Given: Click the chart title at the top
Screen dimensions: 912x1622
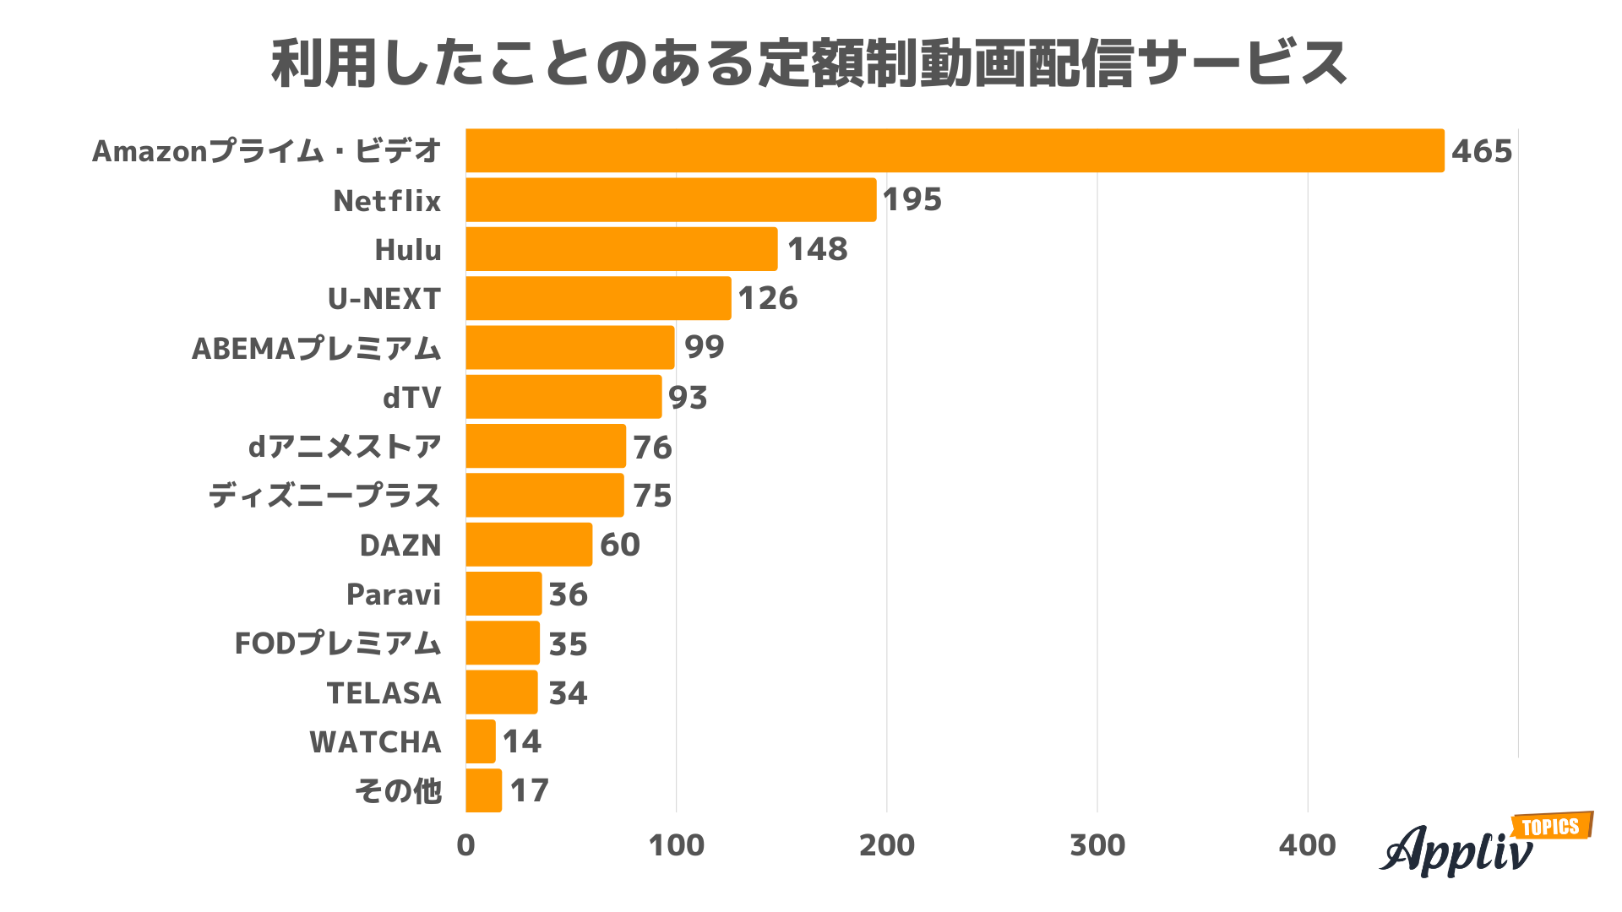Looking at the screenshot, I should tap(809, 64).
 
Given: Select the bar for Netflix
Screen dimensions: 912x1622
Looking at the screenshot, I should tap(671, 200).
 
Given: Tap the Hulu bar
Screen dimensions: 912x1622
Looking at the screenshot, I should tap(621, 249).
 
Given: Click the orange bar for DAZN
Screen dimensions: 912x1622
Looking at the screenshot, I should tap(529, 545).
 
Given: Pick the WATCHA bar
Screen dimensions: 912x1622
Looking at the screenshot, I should tap(481, 741).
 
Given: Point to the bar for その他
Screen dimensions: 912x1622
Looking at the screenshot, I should tap(483, 790).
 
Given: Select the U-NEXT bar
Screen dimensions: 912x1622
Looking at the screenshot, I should tap(598, 298).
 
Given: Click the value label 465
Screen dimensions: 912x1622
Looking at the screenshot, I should tap(1482, 151).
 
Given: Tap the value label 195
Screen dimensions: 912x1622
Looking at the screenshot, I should tap(912, 200).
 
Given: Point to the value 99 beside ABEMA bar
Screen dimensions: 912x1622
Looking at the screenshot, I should tap(704, 347).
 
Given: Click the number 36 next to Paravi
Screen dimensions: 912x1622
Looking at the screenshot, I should tap(568, 594).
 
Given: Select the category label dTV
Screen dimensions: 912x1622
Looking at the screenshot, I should tap(411, 397).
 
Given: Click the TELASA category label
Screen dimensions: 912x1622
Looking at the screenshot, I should tap(384, 693).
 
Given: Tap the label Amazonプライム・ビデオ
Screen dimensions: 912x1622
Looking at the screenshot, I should tap(266, 151).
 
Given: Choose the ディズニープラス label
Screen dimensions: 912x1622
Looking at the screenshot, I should tap(324, 496).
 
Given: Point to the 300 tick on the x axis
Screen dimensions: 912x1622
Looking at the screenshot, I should tap(1097, 845).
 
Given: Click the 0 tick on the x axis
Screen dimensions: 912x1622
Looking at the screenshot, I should tap(465, 845).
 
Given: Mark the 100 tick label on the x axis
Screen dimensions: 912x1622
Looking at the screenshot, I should tap(676, 845).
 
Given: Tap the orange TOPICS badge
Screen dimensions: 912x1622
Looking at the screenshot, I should tap(1551, 827).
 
